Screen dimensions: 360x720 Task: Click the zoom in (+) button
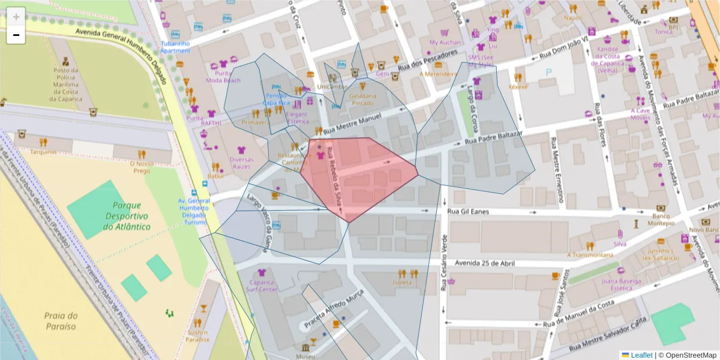tap(16, 16)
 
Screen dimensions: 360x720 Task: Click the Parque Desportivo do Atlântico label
tap(127, 216)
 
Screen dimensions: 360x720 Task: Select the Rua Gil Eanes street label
tap(469, 212)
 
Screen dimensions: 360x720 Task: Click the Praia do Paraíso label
tap(61, 321)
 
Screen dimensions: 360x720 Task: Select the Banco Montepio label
tap(661, 220)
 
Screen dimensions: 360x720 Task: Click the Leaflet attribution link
tap(641, 355)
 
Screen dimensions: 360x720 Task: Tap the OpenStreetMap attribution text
tap(689, 355)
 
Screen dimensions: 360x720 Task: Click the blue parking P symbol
tap(548, 72)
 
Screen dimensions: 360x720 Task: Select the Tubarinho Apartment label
tap(175, 47)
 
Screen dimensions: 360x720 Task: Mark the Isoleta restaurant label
tap(402, 282)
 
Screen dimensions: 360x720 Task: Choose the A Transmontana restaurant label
tap(590, 254)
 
